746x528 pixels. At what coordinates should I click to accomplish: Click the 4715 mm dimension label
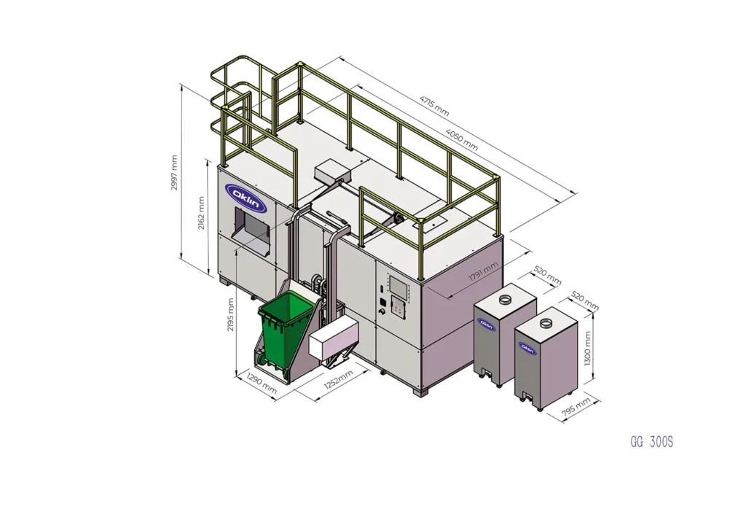pos(434,106)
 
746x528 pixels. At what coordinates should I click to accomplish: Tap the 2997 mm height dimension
pos(174,172)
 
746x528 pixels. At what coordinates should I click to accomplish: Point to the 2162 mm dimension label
pos(201,213)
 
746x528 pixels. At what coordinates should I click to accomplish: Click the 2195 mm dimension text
pos(231,315)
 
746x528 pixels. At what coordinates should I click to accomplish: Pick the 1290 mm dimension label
pos(262,384)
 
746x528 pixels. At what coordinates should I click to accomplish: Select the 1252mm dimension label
pos(339,379)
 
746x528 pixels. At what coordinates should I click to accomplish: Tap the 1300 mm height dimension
pos(588,349)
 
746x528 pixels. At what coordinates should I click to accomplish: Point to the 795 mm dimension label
pos(576,408)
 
